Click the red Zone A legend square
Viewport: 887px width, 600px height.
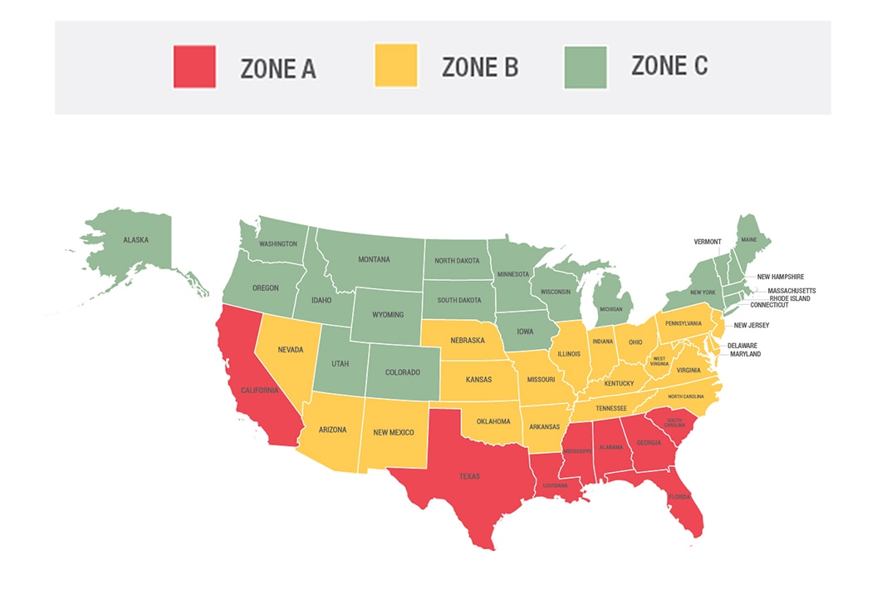pyautogui.click(x=194, y=67)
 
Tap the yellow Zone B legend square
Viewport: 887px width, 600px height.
pyautogui.click(x=395, y=67)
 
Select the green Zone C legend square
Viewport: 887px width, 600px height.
pyautogui.click(x=586, y=67)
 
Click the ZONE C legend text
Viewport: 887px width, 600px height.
pyautogui.click(x=669, y=66)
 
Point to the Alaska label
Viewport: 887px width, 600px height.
pyautogui.click(x=135, y=240)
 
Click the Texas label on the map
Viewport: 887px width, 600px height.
pyautogui.click(x=469, y=477)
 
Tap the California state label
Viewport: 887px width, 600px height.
pyautogui.click(x=261, y=390)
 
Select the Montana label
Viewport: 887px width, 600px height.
pyautogui.click(x=374, y=260)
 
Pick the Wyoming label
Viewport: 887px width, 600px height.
pyautogui.click(x=387, y=315)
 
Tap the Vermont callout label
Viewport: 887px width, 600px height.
pyautogui.click(x=708, y=242)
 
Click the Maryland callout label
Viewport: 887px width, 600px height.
pyautogui.click(x=745, y=354)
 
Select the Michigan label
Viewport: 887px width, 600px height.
pyautogui.click(x=610, y=309)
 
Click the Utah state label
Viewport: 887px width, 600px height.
pyautogui.click(x=341, y=365)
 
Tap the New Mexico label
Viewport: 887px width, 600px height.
pyautogui.click(x=393, y=432)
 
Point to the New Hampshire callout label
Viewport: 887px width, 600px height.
pyautogui.click(x=780, y=277)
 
